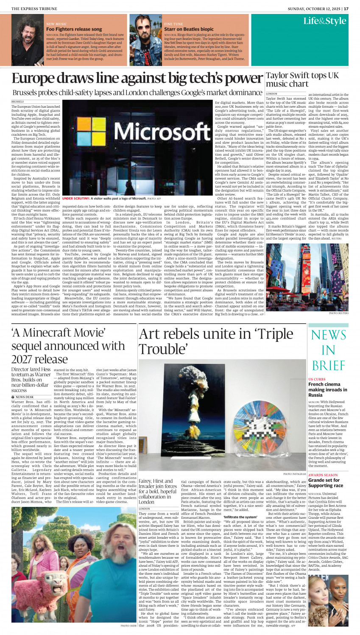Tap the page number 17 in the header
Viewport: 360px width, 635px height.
[x=346, y=8]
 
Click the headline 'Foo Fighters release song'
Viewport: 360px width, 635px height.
[x=74, y=29]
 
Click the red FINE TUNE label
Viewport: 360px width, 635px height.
[x=174, y=24]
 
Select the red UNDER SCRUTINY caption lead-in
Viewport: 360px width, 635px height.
[x=76, y=199]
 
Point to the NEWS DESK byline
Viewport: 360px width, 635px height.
[x=25, y=397]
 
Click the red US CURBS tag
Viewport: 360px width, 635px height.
[x=317, y=379]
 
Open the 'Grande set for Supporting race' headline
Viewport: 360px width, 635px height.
[x=325, y=483]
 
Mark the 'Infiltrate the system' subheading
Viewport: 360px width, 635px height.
[x=240, y=517]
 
